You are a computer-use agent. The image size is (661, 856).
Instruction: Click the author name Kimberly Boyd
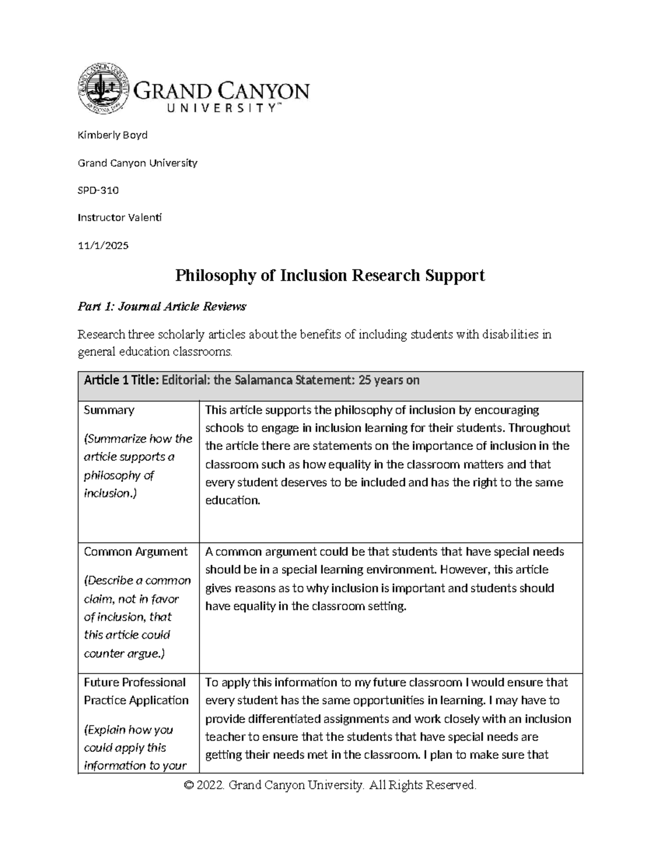click(112, 135)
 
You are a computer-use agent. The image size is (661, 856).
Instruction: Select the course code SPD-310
click(98, 190)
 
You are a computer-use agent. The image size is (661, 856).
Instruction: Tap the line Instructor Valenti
click(120, 218)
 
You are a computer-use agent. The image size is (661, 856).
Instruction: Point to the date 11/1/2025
click(103, 245)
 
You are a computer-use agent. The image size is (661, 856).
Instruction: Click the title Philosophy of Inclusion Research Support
click(330, 275)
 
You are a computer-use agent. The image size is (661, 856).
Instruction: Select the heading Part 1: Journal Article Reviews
click(162, 306)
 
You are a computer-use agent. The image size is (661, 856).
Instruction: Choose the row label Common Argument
click(136, 552)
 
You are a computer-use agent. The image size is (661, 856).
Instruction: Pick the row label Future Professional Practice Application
click(136, 691)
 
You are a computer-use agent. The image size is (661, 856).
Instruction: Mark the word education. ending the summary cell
click(232, 500)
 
